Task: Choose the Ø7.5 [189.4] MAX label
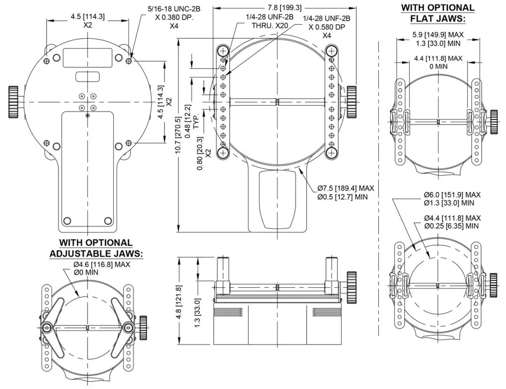(x=346, y=189)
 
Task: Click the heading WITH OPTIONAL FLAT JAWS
(x=437, y=13)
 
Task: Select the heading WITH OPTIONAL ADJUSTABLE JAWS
(x=96, y=248)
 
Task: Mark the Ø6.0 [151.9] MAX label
(x=452, y=194)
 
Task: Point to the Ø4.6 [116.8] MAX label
(x=101, y=264)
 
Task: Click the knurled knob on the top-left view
(x=13, y=102)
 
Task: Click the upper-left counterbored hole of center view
(x=222, y=51)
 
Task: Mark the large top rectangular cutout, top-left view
(x=86, y=58)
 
